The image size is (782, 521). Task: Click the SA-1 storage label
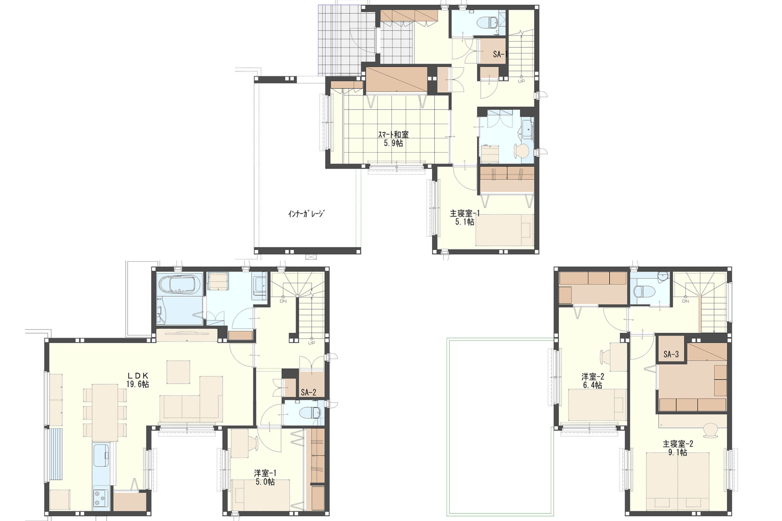[x=500, y=54]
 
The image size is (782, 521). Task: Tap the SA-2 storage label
[x=309, y=392]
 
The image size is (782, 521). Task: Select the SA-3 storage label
[x=671, y=354]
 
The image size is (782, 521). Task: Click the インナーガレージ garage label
[x=306, y=214]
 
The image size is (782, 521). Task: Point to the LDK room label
[x=137, y=376]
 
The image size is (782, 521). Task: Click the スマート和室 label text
[x=393, y=135]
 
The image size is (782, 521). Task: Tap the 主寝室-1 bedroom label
[x=465, y=213]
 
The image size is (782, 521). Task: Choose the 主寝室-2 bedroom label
[x=678, y=444]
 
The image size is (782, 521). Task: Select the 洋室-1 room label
[x=265, y=473]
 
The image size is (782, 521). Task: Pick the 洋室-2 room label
[x=593, y=377]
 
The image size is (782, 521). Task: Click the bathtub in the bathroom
[x=179, y=284]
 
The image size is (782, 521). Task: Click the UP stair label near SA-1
[x=521, y=81]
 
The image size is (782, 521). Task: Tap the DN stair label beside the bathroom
[x=283, y=301]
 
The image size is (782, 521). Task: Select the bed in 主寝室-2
[x=678, y=481]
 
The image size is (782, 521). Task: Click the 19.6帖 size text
[x=137, y=384]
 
